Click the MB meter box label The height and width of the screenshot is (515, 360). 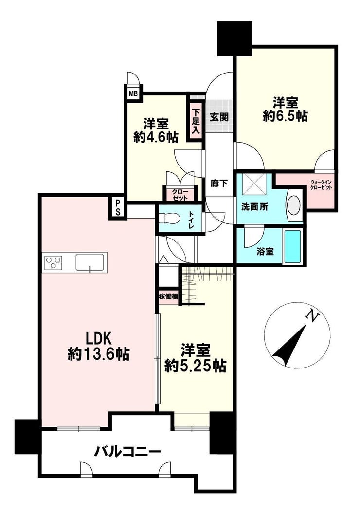click(133, 93)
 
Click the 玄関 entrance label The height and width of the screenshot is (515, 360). click(219, 117)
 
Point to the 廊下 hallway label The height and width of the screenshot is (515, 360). click(219, 184)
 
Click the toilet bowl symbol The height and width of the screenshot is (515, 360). click(169, 218)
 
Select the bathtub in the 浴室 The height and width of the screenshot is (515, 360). click(292, 246)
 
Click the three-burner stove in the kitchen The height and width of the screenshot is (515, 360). click(53, 262)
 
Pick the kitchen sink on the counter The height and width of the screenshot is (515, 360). click(90, 262)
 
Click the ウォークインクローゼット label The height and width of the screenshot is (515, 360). click(321, 185)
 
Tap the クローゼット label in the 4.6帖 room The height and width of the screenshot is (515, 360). click(180, 194)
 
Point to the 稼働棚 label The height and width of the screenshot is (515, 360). click(169, 296)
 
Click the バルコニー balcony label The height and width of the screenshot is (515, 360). click(127, 452)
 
